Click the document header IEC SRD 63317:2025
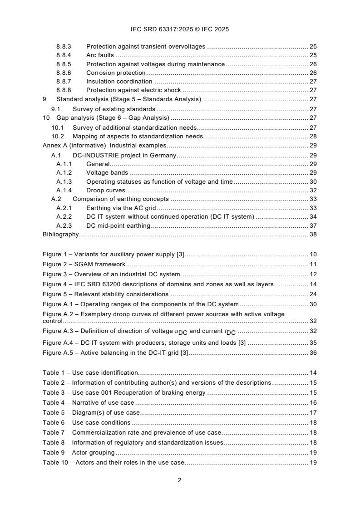point(180,29)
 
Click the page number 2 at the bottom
point(180,480)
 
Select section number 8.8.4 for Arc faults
point(64,55)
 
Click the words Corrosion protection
point(116,73)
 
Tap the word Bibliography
point(60,235)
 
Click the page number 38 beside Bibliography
point(313,235)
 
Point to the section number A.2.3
point(64,225)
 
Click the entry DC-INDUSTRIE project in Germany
point(124,155)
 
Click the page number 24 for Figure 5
point(313,294)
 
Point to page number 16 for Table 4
point(313,403)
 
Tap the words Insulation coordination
point(119,82)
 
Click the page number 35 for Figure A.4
point(313,343)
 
